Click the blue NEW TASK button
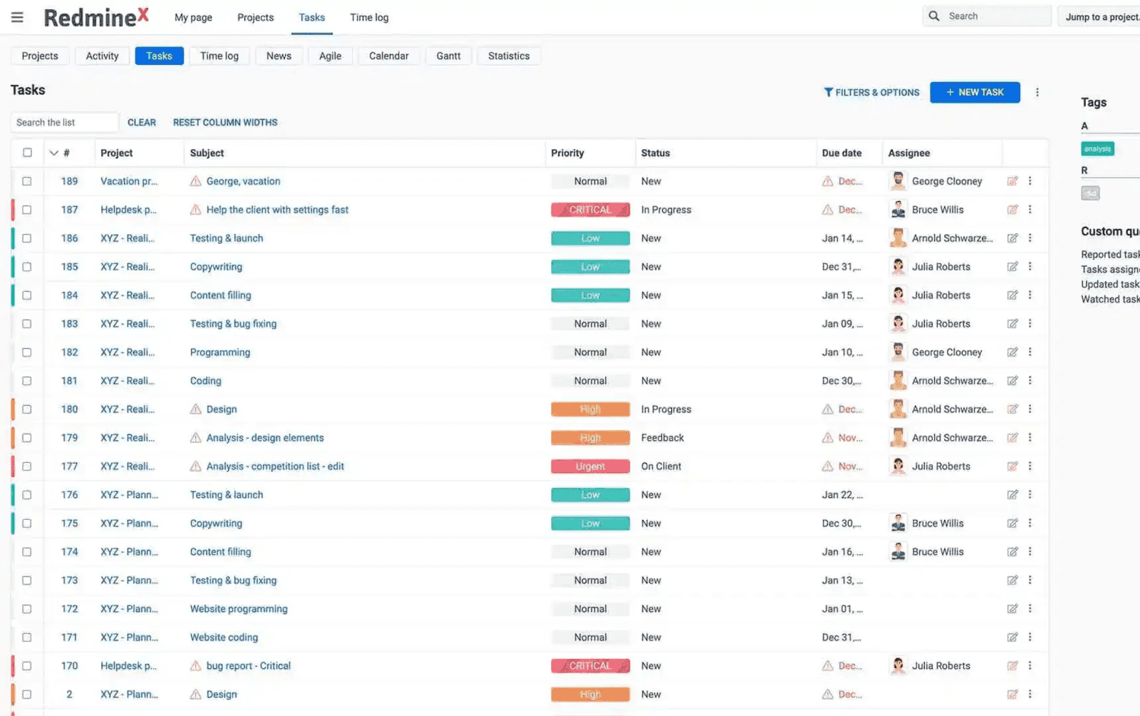[x=974, y=92]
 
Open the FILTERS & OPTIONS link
[x=871, y=93]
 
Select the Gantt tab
[x=448, y=56]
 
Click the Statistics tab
[x=508, y=56]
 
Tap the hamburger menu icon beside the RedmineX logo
[x=18, y=17]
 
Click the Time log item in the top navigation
[x=369, y=17]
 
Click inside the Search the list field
[x=64, y=123]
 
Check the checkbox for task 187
[x=27, y=210]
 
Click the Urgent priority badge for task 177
[x=590, y=466]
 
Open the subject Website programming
[x=239, y=609]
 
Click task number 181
[x=69, y=381]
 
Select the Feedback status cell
[x=662, y=438]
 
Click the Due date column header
[x=841, y=153]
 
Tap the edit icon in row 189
[x=1012, y=181]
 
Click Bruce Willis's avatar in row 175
[x=898, y=523]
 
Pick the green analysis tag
[x=1097, y=148]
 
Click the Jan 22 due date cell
[x=841, y=495]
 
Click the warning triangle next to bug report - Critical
[x=195, y=666]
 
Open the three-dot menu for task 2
[x=1030, y=694]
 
